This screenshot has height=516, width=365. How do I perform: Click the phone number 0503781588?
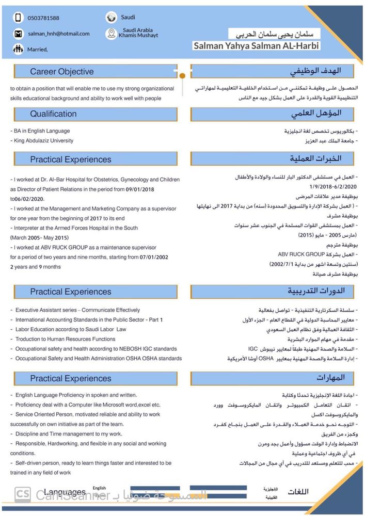[43, 18]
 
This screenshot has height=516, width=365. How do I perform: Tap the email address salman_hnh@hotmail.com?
[58, 34]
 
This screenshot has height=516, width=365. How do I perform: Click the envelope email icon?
[19, 34]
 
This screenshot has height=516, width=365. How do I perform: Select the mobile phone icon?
[19, 18]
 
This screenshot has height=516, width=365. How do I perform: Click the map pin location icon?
[111, 34]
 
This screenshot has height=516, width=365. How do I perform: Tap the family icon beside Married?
[19, 50]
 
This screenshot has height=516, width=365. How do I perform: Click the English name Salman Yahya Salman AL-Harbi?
[256, 46]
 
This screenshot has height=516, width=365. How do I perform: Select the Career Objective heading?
[62, 72]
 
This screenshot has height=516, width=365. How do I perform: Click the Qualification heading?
[53, 114]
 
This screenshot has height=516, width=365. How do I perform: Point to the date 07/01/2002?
[154, 257]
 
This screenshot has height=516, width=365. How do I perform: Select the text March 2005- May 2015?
[39, 237]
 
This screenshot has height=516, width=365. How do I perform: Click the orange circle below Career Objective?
[182, 77]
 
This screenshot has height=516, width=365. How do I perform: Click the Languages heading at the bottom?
[65, 492]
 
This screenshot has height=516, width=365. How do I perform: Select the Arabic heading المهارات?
[330, 378]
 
